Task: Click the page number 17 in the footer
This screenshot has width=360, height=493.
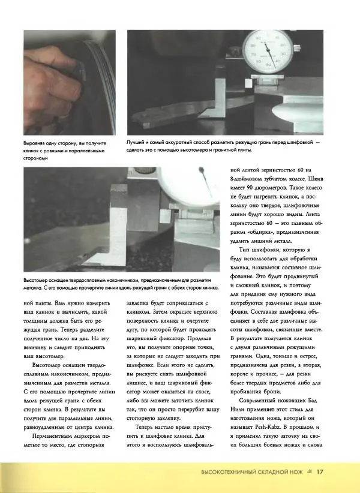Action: coord(320,471)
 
